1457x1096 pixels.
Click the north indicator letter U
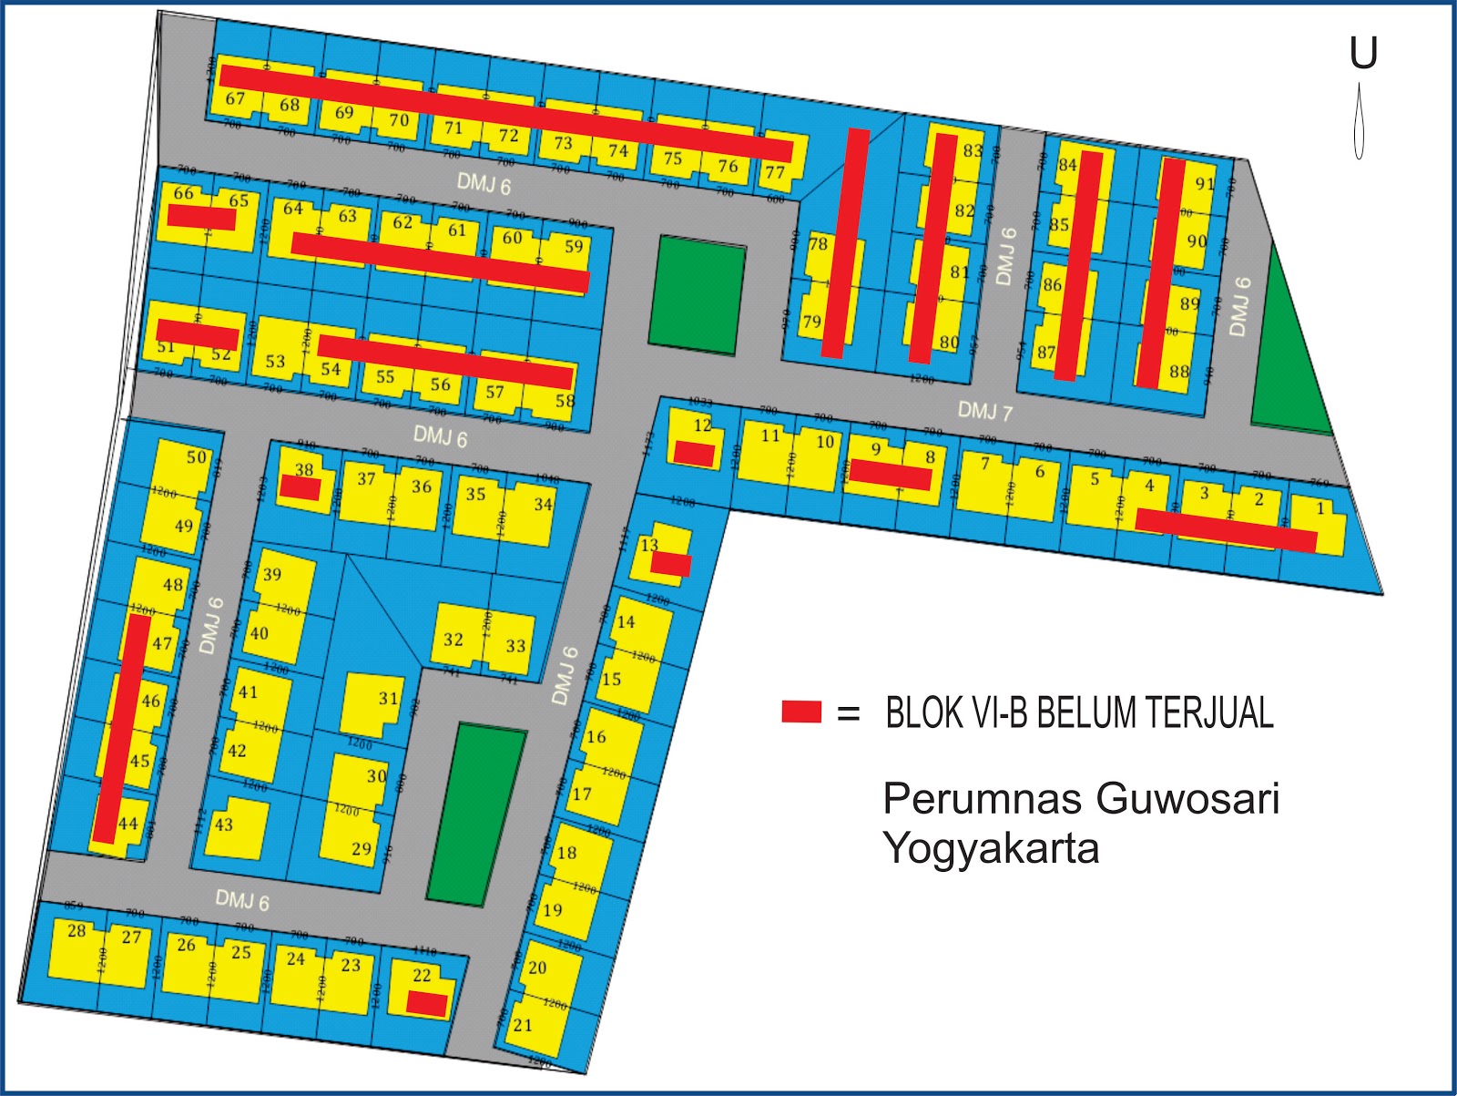[x=1363, y=54]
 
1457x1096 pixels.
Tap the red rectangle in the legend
[x=801, y=712]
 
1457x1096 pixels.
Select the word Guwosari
[x=1188, y=799]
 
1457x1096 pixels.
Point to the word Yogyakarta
[x=991, y=849]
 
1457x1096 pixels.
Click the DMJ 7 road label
[x=984, y=412]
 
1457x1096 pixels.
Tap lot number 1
[x=1320, y=509]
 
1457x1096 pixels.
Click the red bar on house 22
[x=426, y=1004]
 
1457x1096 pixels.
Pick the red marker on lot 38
[x=300, y=488]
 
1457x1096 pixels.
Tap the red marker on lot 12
[x=694, y=455]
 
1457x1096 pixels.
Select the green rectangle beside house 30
[x=476, y=814]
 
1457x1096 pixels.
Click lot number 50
[x=197, y=457]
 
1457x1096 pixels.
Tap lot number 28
[x=76, y=931]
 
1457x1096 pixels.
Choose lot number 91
[x=1204, y=184]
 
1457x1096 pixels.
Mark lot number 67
[x=235, y=99]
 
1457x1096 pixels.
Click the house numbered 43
[x=224, y=825]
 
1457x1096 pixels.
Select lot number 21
[x=522, y=1025]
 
